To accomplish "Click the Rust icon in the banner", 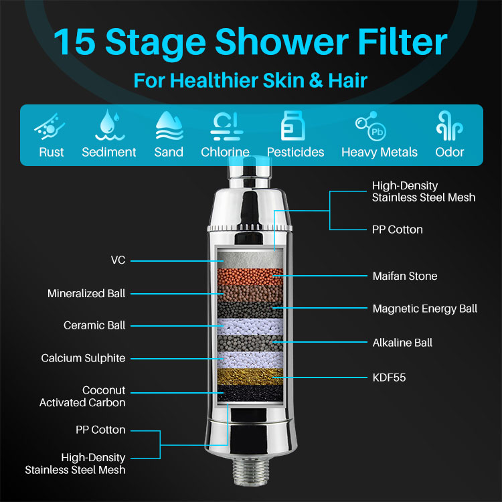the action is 50,127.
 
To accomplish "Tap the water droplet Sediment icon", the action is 110,125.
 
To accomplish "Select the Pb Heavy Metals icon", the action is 371,126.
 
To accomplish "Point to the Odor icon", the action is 450,126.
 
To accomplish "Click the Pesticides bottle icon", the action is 292,126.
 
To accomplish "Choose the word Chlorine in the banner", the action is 225,152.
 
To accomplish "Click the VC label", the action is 118,260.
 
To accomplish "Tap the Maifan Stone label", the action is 405,276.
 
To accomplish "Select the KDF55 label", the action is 390,378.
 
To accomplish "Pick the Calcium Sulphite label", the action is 83,358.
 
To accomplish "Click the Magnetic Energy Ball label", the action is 425,309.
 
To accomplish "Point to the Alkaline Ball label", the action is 402,343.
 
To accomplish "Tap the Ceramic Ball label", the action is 94,325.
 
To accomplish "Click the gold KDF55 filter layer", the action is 250,376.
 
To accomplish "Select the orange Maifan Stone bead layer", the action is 250,276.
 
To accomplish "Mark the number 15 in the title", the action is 74,42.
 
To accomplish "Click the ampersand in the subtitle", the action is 316,80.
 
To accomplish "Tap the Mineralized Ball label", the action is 86,293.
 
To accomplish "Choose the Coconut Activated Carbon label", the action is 82,396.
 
